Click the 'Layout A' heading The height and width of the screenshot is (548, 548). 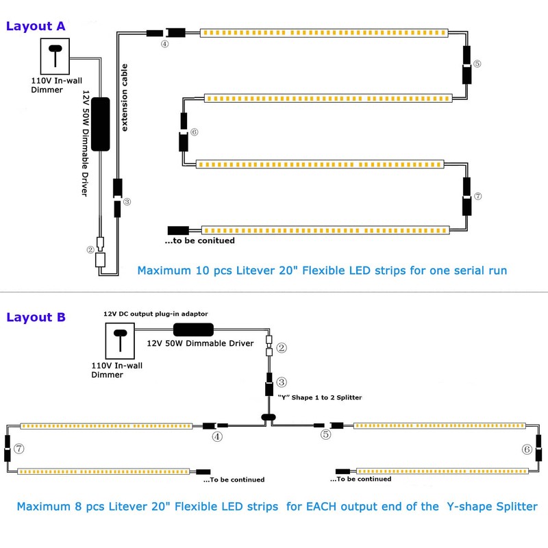tap(36, 26)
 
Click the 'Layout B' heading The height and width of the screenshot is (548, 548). tap(36, 317)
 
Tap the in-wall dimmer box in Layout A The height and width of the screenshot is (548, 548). tap(55, 56)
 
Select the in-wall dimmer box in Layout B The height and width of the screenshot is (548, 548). tap(120, 340)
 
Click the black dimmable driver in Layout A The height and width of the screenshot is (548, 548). tap(100, 124)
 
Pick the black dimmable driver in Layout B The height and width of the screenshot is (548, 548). tap(193, 329)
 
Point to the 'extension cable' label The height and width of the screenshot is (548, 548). tap(124, 97)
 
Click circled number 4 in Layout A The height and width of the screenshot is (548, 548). tap(164, 44)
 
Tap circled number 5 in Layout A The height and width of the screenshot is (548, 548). tap(477, 64)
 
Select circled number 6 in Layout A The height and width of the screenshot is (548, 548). tap(195, 132)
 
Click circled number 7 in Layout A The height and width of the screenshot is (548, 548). tap(477, 196)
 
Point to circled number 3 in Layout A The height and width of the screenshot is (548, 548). tap(127, 201)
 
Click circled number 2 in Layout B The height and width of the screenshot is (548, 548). tap(282, 348)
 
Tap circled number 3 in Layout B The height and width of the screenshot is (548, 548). tap(282, 382)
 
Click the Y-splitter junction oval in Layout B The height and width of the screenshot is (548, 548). tap(269, 417)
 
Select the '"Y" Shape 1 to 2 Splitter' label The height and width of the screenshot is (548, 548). tap(320, 397)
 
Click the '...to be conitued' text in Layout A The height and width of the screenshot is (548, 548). tap(199, 240)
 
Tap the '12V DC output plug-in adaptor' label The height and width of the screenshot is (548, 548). tap(155, 314)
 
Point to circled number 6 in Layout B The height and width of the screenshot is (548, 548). tap(527, 449)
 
